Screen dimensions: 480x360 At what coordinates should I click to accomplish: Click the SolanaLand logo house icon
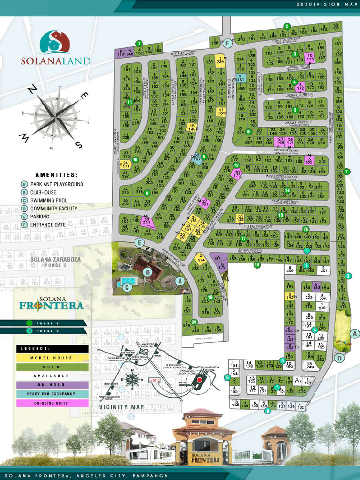(x=55, y=43)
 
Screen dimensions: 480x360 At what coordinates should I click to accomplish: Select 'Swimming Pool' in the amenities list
(x=51, y=201)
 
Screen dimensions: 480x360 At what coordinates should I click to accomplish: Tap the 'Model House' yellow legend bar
(x=52, y=358)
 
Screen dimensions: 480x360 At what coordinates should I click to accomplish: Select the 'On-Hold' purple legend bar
(x=52, y=385)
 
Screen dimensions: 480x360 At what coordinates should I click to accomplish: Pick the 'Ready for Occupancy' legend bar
(x=52, y=394)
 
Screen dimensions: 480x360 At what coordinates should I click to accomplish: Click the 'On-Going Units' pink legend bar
(x=52, y=403)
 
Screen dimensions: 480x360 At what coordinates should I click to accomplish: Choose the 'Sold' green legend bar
(x=52, y=367)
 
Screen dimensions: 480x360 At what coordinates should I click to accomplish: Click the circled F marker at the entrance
(x=227, y=44)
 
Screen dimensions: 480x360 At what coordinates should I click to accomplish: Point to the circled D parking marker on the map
(x=339, y=358)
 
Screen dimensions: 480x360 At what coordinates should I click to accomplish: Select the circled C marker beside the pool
(x=126, y=288)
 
